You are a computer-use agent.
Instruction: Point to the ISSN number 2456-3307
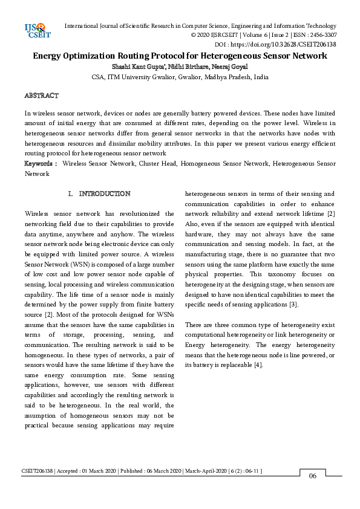(x=320, y=35)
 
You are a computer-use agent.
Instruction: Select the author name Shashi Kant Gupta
(x=134, y=66)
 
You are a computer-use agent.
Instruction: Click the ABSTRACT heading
(x=41, y=96)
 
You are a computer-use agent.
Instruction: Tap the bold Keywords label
(x=41, y=163)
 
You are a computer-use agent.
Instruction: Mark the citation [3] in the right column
(x=293, y=304)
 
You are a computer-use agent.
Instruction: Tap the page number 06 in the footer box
(x=313, y=476)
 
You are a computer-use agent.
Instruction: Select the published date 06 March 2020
(x=160, y=470)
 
